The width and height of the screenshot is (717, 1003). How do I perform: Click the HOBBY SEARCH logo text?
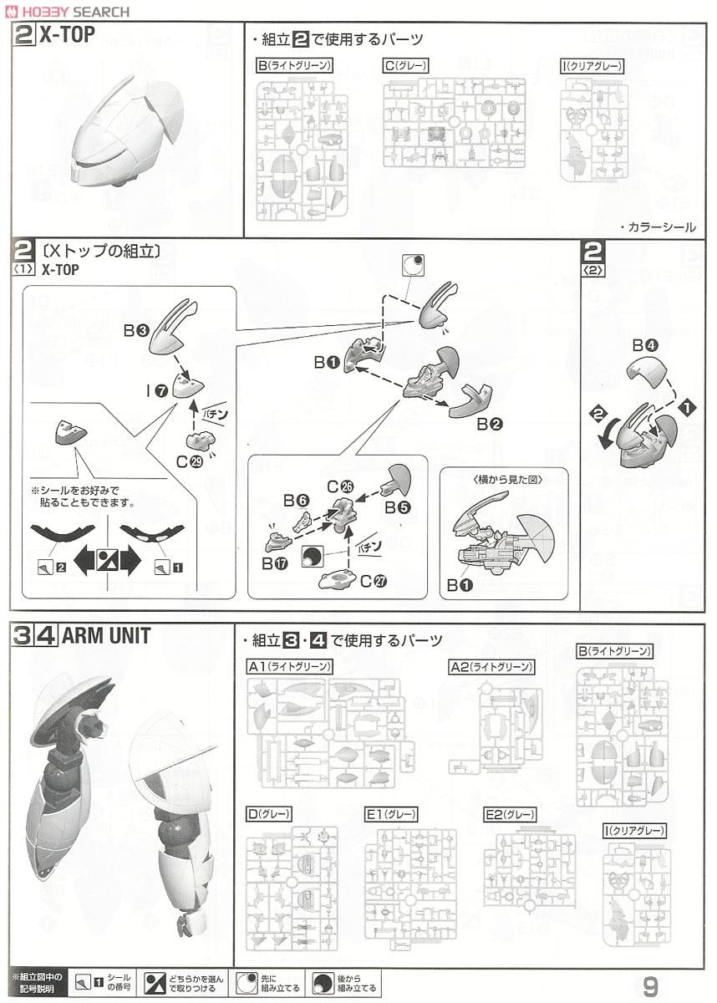pyautogui.click(x=69, y=11)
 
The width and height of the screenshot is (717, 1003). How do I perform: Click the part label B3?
pyautogui.click(x=136, y=331)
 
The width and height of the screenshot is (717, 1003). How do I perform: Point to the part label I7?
pyautogui.click(x=155, y=389)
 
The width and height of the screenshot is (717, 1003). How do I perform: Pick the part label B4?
pyautogui.click(x=646, y=344)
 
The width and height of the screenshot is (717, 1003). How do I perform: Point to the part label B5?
pyautogui.click(x=397, y=506)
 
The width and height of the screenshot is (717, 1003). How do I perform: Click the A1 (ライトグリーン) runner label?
pyautogui.click(x=290, y=666)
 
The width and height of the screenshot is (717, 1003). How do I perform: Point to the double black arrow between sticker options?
pyautogui.click(x=106, y=561)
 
